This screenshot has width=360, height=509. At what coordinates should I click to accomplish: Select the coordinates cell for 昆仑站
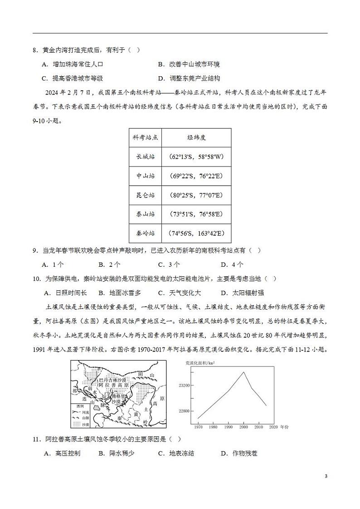point(196,195)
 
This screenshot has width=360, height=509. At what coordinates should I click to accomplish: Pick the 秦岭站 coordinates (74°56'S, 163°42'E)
point(196,233)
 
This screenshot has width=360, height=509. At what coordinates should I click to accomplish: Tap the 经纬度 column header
point(196,138)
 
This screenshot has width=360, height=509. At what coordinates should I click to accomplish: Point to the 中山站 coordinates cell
point(196,176)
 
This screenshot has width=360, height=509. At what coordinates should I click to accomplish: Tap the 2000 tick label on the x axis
point(244,427)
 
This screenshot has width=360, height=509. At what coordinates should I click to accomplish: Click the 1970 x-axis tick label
point(199,427)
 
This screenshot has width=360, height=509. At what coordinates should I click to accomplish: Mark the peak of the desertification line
point(244,372)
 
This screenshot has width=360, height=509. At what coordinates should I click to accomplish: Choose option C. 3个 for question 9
point(169,264)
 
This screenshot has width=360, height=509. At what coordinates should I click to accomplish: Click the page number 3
point(326,476)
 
